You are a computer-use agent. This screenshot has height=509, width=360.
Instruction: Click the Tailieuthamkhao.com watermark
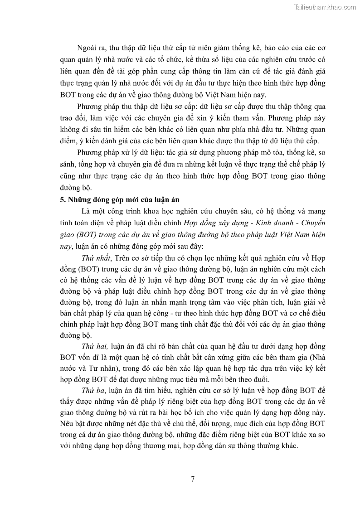[325, 7]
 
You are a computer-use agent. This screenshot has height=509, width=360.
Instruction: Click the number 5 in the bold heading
[62, 200]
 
